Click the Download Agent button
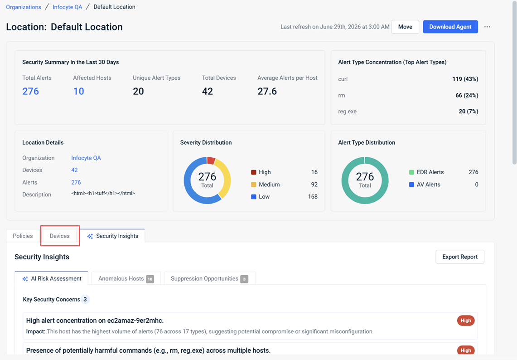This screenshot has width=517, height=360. [x=450, y=27]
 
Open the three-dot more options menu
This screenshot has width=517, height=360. [x=487, y=27]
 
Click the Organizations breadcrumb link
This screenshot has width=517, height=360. [x=24, y=7]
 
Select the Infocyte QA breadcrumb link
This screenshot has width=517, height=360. [x=67, y=7]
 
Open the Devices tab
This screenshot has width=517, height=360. [x=60, y=236]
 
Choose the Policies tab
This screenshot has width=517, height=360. [x=23, y=236]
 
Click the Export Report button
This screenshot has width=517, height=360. [x=459, y=257]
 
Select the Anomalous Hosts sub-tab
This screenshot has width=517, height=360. [x=126, y=278]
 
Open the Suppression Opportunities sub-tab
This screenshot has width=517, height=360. [x=209, y=278]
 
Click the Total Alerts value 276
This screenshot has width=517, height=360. [x=31, y=91]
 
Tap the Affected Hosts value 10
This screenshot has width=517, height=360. [x=78, y=91]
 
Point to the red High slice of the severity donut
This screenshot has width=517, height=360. [x=211, y=161]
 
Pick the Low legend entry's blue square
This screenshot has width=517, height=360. [x=254, y=197]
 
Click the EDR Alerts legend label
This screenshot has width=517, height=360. [x=430, y=172]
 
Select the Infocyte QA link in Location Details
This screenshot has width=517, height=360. [x=86, y=158]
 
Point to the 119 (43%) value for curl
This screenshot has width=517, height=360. [x=465, y=79]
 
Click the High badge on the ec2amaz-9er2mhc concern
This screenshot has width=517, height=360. [x=465, y=321]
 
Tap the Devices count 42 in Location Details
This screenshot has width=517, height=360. [x=74, y=170]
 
